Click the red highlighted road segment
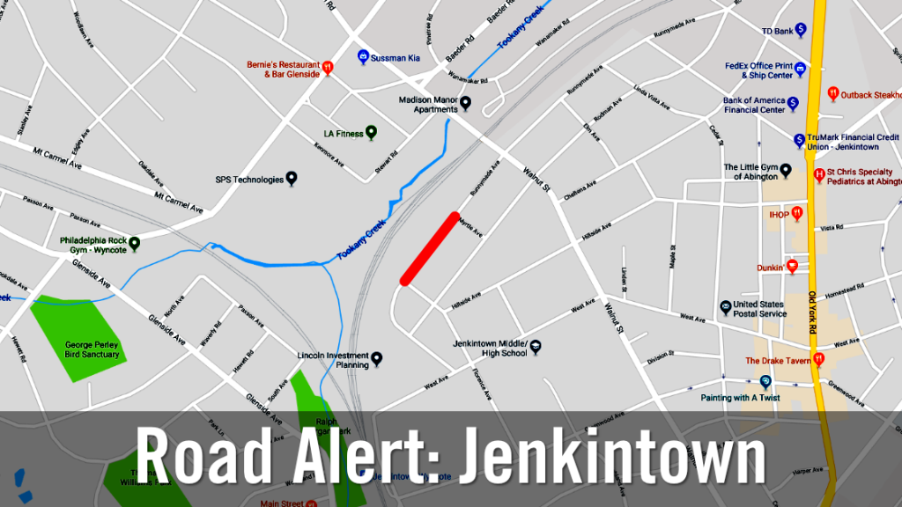click(431, 248)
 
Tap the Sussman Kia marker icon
click(362, 56)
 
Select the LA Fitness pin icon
click(372, 133)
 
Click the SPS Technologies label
click(250, 180)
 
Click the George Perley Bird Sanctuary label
click(92, 349)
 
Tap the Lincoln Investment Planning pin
click(377, 357)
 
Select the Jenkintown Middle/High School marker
click(536, 347)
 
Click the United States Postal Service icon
click(725, 305)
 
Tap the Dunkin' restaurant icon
click(792, 266)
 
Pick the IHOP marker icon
click(797, 212)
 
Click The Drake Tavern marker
click(819, 359)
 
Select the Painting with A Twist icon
click(765, 381)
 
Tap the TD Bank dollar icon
click(801, 30)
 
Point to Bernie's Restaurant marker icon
click(328, 66)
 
